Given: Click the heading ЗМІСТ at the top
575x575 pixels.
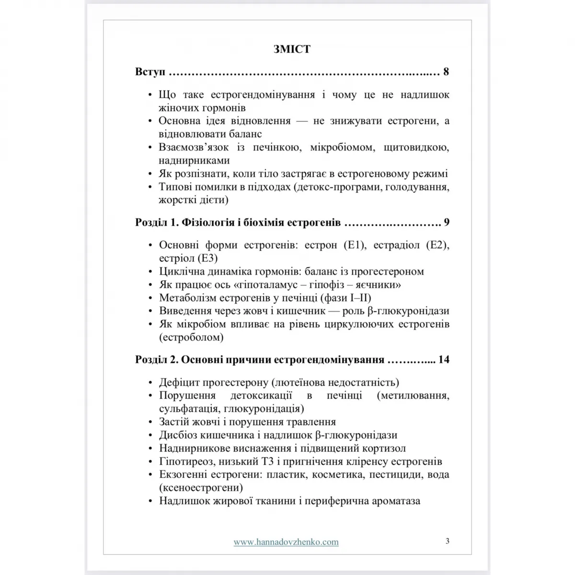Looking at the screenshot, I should tap(292, 49).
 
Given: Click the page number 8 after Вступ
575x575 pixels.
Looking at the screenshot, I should tap(446, 72).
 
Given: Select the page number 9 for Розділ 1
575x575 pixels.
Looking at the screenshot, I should tap(446, 222).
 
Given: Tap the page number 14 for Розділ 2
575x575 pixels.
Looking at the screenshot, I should tap(444, 359).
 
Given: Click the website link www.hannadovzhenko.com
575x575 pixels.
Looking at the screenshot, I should tap(286, 542).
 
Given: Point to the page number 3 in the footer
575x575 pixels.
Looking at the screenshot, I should tap(447, 541).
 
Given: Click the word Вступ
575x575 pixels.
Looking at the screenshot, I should tap(150, 72).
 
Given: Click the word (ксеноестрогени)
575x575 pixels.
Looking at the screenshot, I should tap(201, 488).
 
